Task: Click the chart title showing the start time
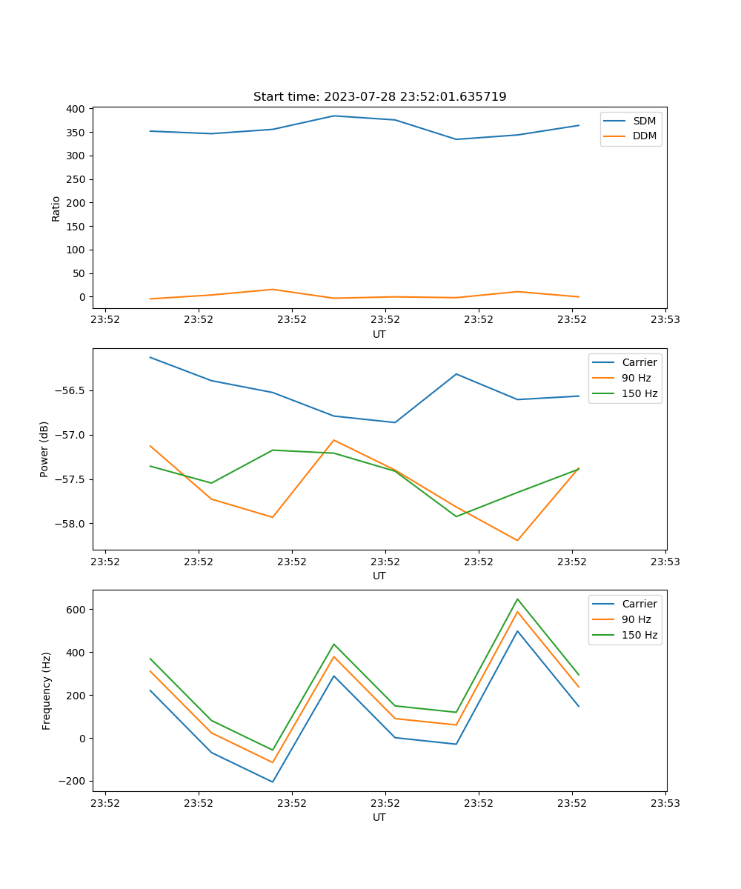379,97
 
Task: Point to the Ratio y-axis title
56,208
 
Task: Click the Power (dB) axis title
44,449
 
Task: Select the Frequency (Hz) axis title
47,691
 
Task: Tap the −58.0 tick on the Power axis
70,524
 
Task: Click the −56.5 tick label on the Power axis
70,390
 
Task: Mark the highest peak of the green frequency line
517,599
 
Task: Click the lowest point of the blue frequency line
273,782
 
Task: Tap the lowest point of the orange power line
517,541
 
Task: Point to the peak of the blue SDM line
334,116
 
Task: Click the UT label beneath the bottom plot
379,817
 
